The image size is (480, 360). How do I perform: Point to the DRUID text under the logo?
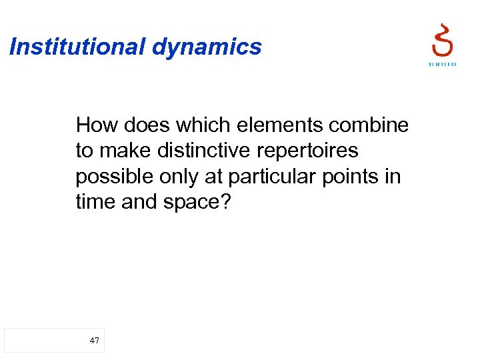click(442, 65)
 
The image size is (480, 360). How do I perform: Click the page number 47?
click(94, 341)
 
